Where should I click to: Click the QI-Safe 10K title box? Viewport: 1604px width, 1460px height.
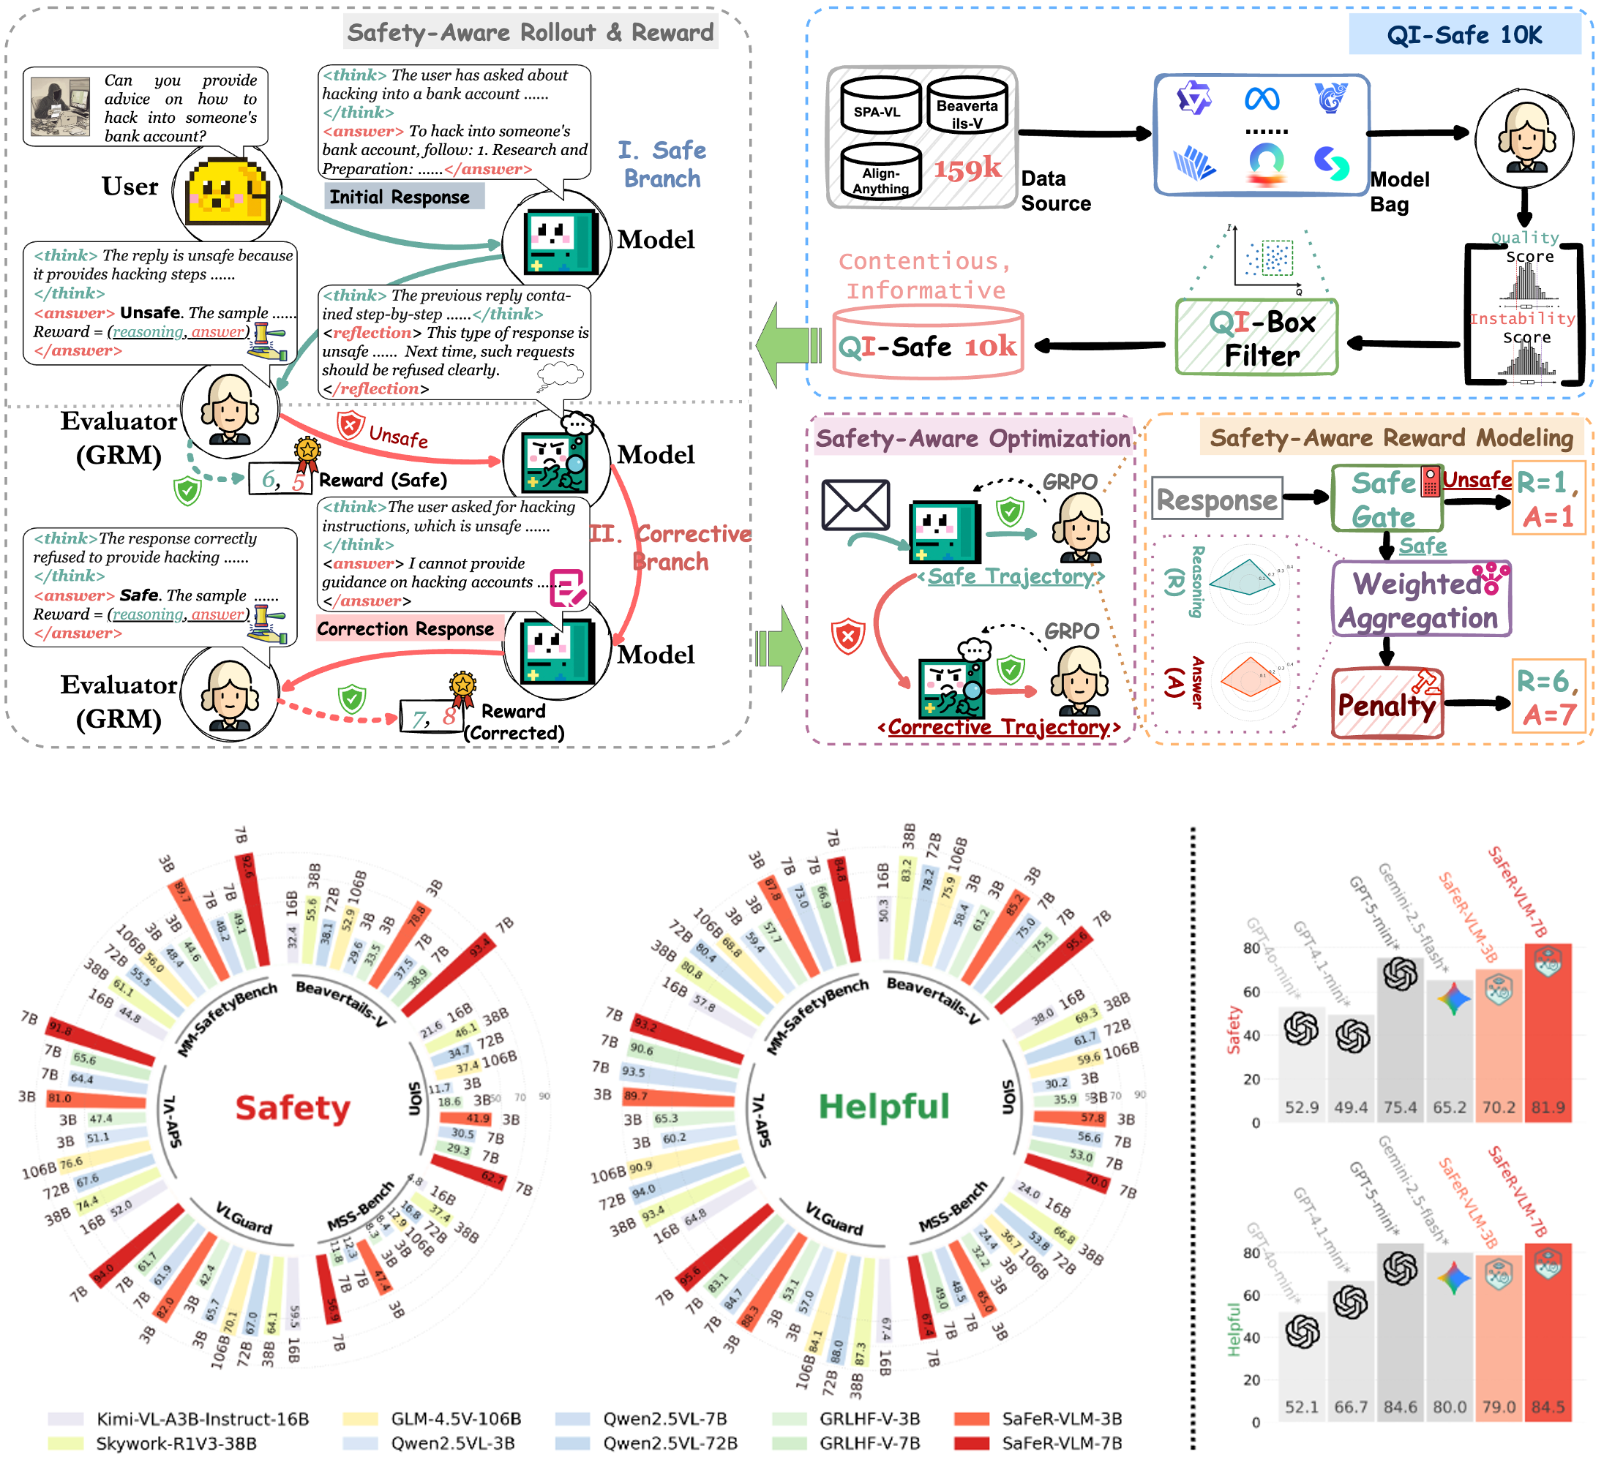(1464, 35)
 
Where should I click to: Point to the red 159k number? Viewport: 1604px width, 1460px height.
(967, 168)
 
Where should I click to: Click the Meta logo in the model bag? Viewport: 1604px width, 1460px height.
(1262, 99)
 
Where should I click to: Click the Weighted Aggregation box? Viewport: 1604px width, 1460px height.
(1421, 600)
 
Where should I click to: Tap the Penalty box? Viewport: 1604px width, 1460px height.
(1386, 704)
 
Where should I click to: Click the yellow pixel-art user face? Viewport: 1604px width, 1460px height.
(227, 193)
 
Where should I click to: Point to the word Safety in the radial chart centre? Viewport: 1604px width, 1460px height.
(293, 1107)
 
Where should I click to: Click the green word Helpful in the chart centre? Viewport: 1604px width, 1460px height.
(884, 1106)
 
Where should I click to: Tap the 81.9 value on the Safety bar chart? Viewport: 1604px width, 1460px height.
(1548, 1107)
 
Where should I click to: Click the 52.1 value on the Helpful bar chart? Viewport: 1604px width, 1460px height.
(1302, 1407)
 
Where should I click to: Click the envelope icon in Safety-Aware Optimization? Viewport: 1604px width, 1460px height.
(855, 505)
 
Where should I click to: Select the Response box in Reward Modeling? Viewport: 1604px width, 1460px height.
(1216, 500)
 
